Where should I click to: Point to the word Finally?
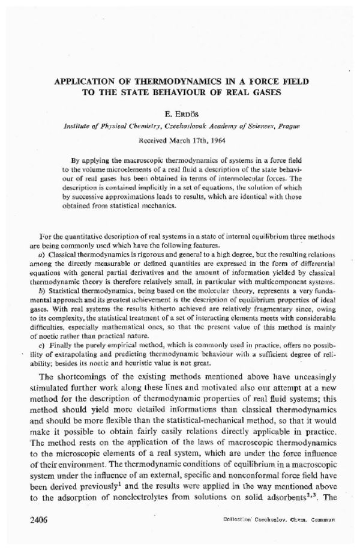(x=60, y=345)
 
